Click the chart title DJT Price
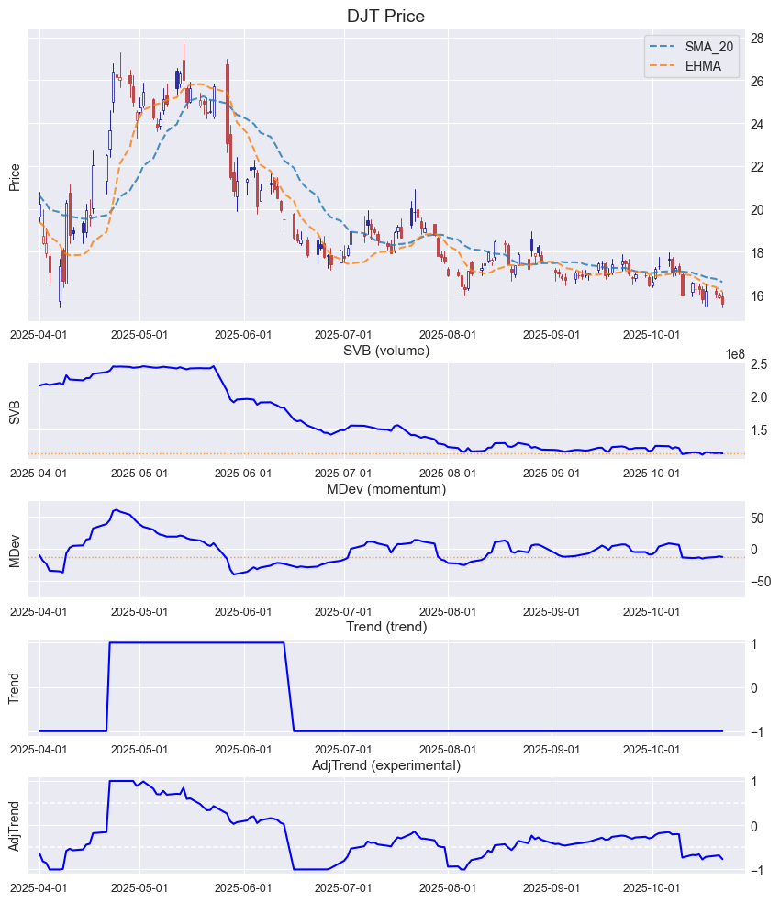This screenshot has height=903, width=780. coord(385,16)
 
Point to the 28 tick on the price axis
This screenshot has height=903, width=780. coord(759,39)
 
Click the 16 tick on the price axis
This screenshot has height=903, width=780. coord(759,295)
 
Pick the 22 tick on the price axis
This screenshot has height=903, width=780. coord(759,167)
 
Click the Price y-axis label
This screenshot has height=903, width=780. coord(15,177)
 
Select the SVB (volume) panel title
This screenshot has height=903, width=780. coord(385,351)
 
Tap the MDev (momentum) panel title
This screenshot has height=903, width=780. coord(385,489)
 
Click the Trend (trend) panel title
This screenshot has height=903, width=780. coord(385,627)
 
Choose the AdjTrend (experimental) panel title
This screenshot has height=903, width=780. coord(385,764)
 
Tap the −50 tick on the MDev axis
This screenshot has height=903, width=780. coord(757,581)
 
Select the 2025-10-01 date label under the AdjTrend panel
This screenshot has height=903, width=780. coord(652,887)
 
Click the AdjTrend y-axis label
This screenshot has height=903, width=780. coord(15,826)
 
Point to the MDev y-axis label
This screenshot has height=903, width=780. coord(15,549)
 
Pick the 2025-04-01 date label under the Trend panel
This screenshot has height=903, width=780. coord(39,749)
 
